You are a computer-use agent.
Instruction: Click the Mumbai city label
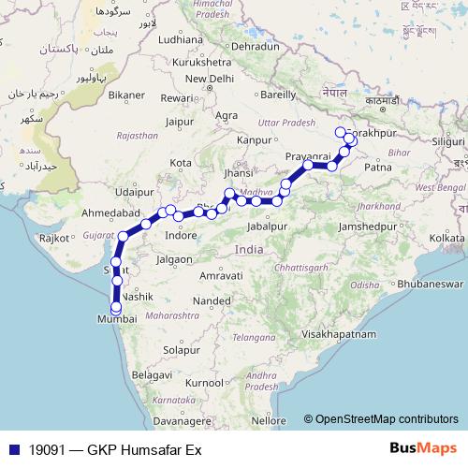click(117, 319)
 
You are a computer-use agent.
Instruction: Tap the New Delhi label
click(209, 79)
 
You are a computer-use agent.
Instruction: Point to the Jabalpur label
click(269, 226)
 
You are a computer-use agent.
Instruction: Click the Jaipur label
click(178, 121)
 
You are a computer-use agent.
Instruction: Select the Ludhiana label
click(181, 40)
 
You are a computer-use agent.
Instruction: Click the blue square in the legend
click(9, 449)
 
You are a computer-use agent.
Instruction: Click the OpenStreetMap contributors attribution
click(386, 420)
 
